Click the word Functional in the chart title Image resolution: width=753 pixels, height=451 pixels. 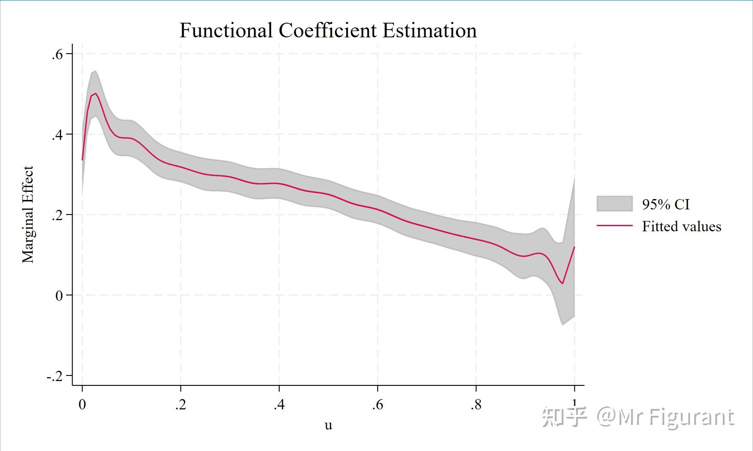point(226,30)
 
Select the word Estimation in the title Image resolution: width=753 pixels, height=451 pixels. point(430,30)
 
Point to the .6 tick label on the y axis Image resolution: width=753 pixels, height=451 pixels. point(57,54)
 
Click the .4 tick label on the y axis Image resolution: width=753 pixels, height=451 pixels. point(57,135)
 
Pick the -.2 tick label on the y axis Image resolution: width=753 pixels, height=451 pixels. point(55,376)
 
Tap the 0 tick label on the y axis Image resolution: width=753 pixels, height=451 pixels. point(59,296)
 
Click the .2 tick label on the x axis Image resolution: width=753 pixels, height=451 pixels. point(180,405)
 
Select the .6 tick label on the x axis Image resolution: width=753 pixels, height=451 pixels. point(377,405)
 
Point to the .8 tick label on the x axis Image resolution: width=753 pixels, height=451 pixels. point(476,405)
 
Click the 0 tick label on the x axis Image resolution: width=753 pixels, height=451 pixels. point(82,405)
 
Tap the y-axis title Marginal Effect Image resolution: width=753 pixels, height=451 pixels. point(27,215)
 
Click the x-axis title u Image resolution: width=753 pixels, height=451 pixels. point(328,425)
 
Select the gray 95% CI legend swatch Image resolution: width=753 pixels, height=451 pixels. point(614,203)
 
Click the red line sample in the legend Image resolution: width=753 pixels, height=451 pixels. point(614,226)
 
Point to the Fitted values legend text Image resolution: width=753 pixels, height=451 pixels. point(681,226)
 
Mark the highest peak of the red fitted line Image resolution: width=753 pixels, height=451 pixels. point(95,94)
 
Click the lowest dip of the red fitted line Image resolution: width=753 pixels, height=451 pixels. point(562,283)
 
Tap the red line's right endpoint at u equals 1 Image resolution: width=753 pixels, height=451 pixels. point(574,247)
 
